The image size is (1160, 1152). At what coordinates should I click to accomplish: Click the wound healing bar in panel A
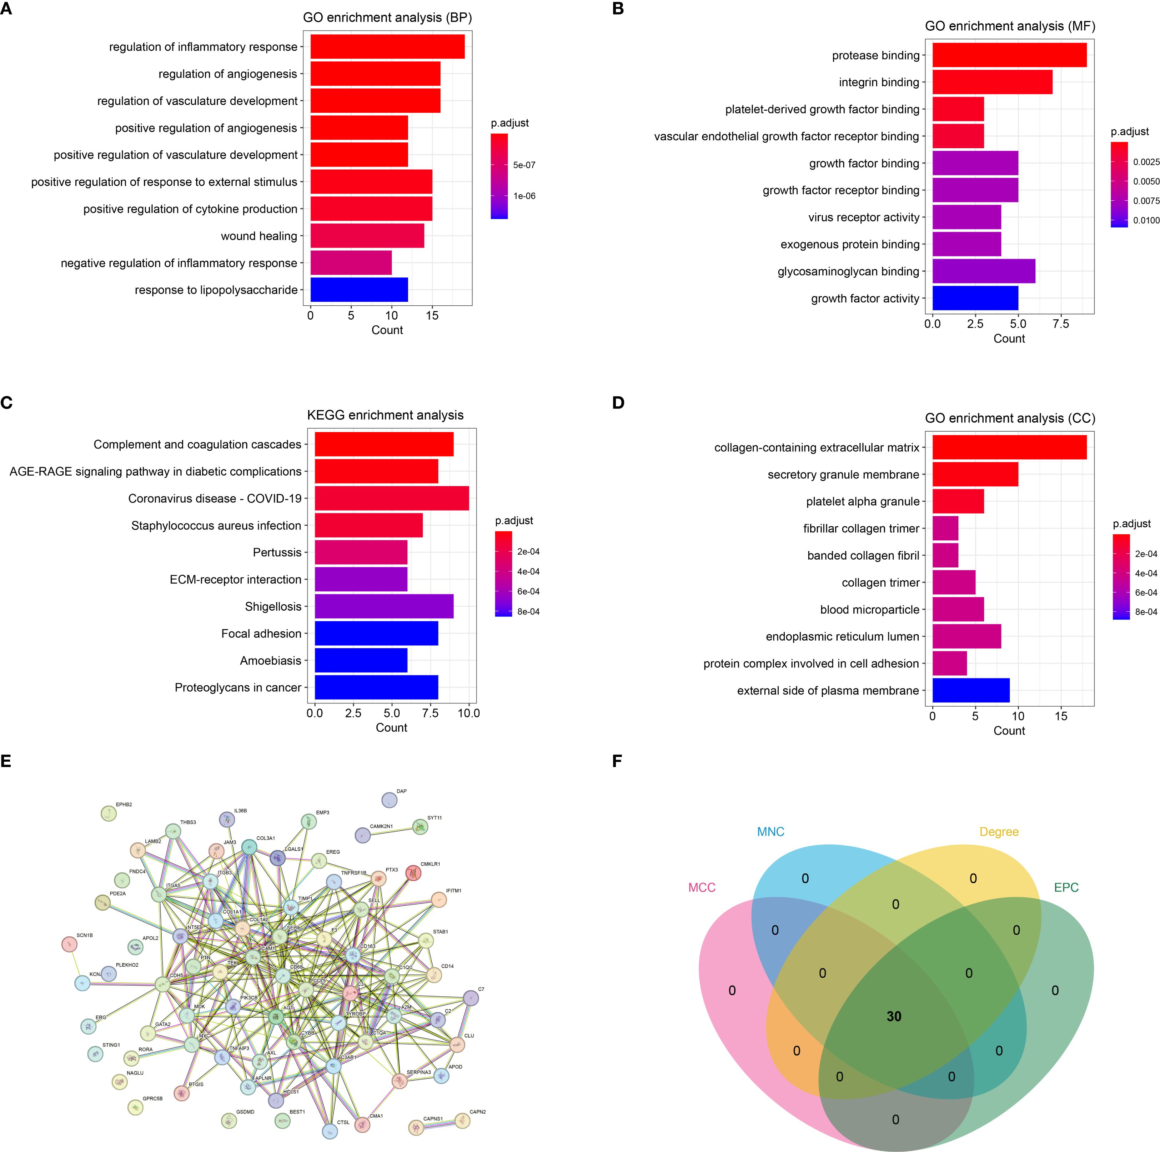(x=367, y=235)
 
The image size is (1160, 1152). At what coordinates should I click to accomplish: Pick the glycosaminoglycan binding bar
(x=984, y=271)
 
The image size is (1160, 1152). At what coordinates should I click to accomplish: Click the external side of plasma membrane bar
(x=971, y=691)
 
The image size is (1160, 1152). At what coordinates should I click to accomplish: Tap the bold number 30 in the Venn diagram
(x=894, y=1016)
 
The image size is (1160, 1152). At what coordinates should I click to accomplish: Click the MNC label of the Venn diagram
(x=770, y=832)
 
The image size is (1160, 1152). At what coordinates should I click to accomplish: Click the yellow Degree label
(x=999, y=832)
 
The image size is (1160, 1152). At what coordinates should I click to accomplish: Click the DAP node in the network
(x=389, y=800)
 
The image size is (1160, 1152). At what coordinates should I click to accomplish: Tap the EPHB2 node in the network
(x=109, y=813)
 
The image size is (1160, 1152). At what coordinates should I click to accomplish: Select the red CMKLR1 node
(x=413, y=873)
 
